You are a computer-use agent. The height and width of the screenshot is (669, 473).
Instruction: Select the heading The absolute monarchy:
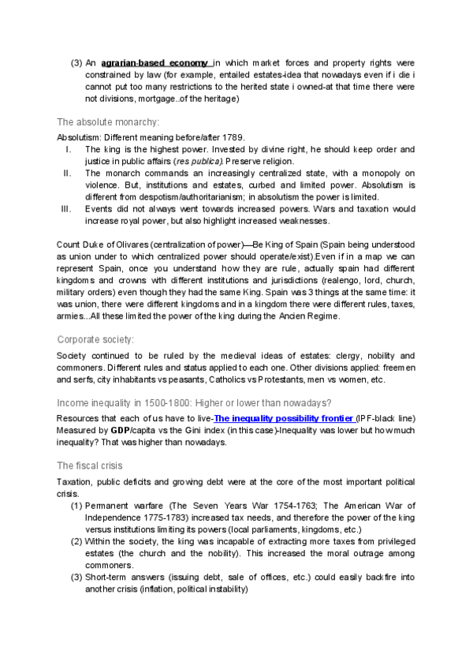[x=108, y=121]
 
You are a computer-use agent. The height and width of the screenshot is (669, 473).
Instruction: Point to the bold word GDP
[x=120, y=431]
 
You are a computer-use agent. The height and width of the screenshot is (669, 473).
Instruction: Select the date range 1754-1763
[x=273, y=505]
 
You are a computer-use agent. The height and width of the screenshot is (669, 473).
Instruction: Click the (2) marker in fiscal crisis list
[x=76, y=541]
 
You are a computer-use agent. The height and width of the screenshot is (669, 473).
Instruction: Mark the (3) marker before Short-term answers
[x=76, y=577]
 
